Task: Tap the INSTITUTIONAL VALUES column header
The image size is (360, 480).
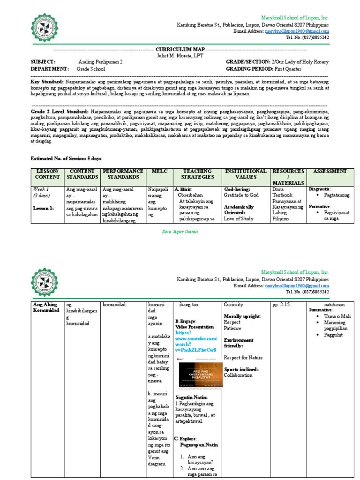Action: [x=246, y=174]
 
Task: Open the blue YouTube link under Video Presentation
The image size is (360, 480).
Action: [x=196, y=344]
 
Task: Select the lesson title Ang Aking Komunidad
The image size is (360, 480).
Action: [x=45, y=307]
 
